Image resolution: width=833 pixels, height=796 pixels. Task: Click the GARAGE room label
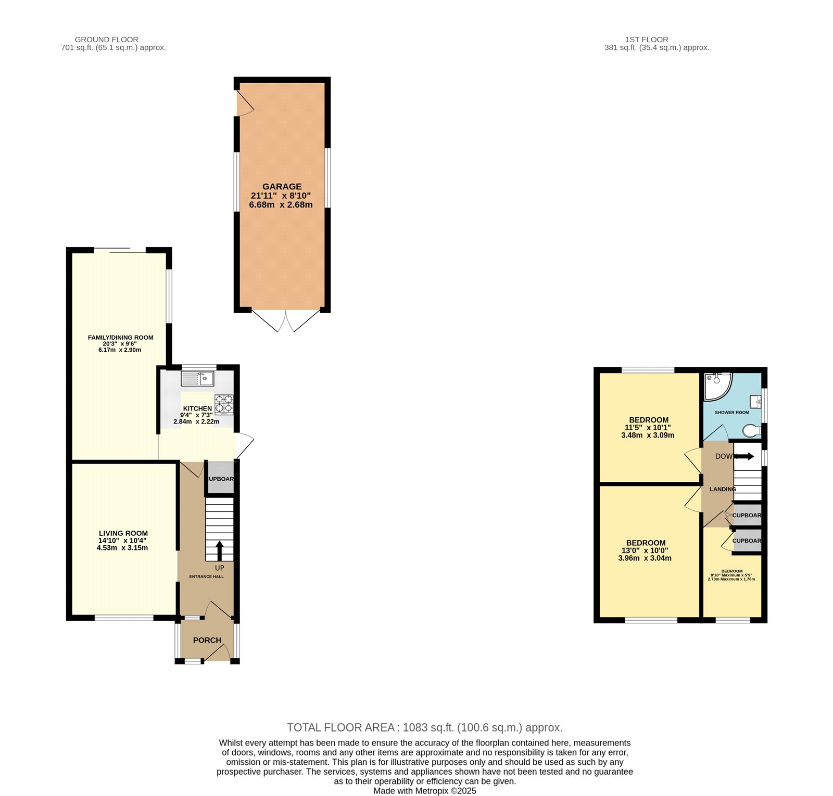[x=282, y=186]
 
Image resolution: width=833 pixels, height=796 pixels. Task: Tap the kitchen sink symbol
[x=197, y=379]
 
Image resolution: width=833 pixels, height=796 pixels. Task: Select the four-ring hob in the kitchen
[x=224, y=405]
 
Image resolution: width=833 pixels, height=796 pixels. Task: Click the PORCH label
[x=207, y=640]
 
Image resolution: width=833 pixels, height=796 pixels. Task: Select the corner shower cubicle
[x=716, y=385]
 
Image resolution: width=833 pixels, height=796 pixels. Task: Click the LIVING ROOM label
[x=123, y=533]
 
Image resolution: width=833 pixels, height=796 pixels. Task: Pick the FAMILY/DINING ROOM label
[x=120, y=338]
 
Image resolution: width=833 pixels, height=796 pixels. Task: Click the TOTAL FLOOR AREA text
[x=424, y=727]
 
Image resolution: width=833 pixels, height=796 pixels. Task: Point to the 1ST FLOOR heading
[x=646, y=40]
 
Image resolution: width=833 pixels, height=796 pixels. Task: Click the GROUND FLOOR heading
[x=106, y=40]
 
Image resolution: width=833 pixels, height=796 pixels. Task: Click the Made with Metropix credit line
[x=424, y=791]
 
